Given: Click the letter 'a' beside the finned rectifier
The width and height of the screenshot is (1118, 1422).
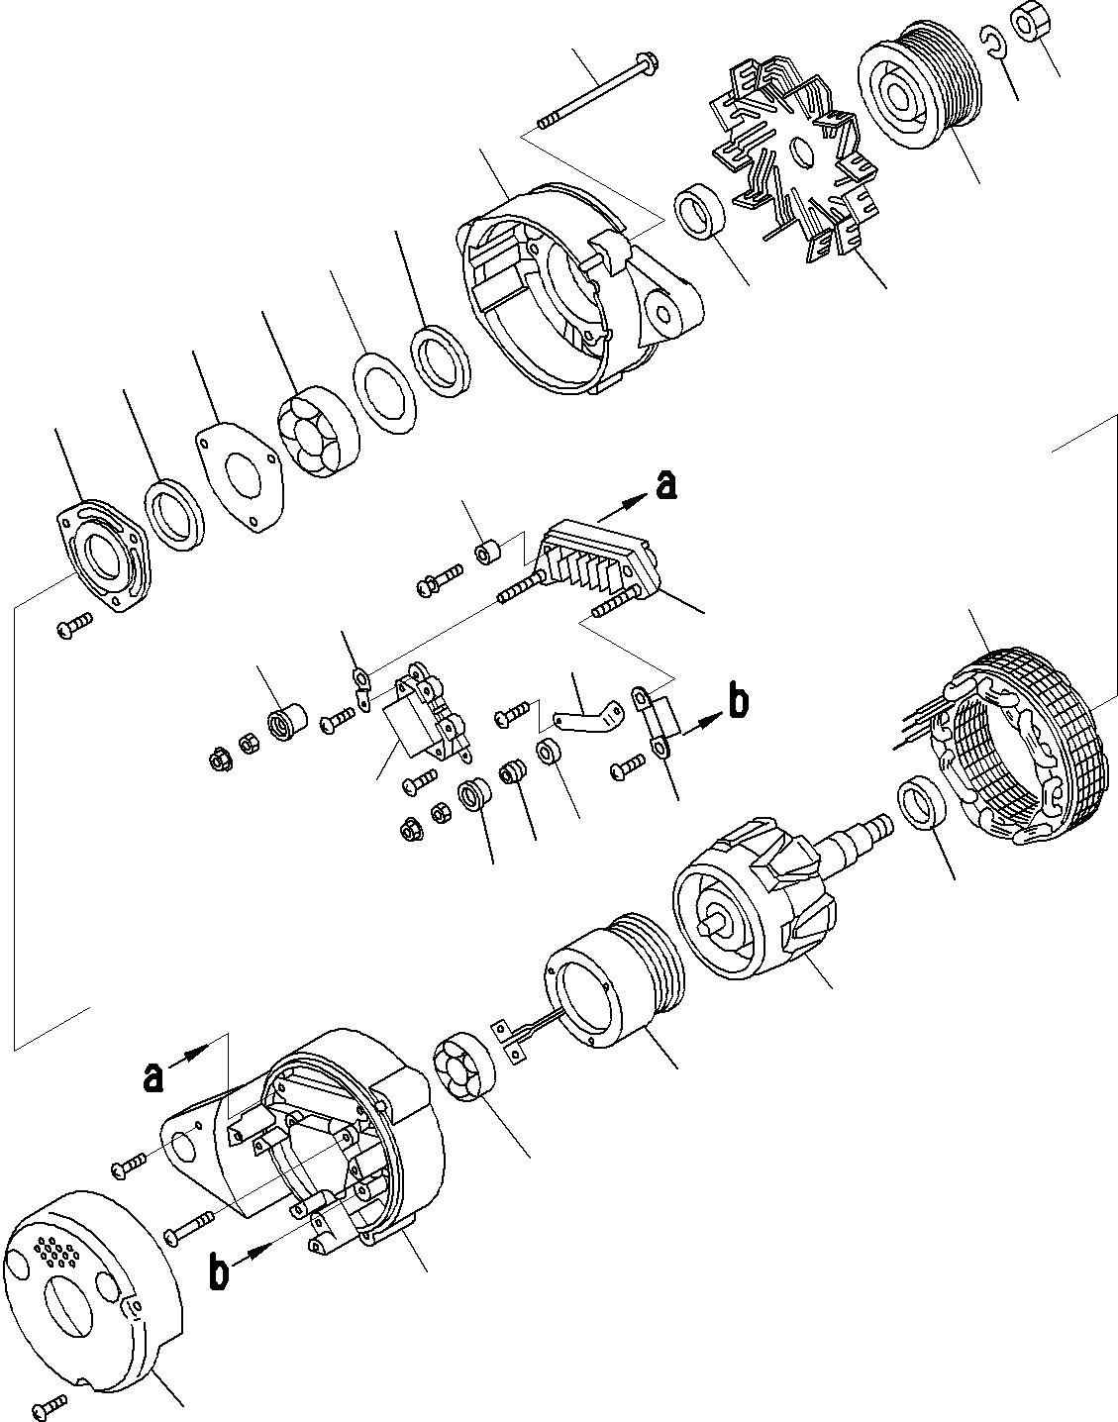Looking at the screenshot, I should [x=667, y=485].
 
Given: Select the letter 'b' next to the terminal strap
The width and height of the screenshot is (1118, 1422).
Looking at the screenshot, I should [x=738, y=702].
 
